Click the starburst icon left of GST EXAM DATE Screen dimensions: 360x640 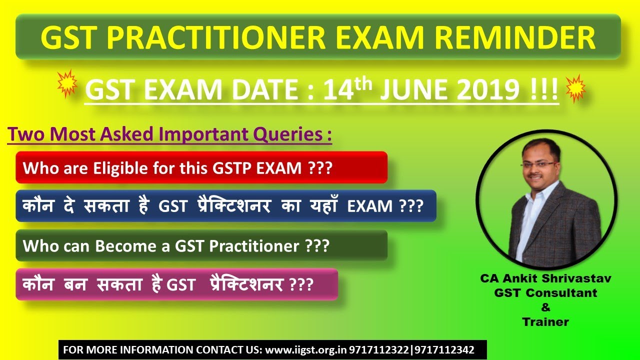click(67, 84)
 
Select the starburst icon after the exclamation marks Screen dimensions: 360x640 click(575, 88)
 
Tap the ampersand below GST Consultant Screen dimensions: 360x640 click(545, 307)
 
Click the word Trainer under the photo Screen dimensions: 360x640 click(545, 322)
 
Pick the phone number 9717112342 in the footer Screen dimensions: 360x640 click(443, 350)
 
